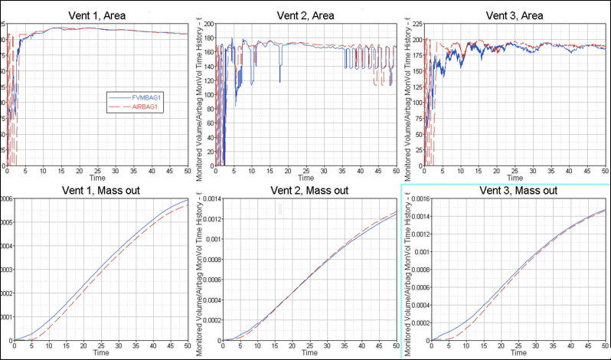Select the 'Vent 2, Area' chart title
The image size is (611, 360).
304,15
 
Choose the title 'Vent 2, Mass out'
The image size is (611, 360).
305,190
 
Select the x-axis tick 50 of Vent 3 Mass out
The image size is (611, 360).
605,345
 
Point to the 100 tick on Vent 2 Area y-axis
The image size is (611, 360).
210,95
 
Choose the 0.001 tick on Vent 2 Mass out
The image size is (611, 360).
206,239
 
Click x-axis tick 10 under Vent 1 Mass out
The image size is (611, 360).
51,345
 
